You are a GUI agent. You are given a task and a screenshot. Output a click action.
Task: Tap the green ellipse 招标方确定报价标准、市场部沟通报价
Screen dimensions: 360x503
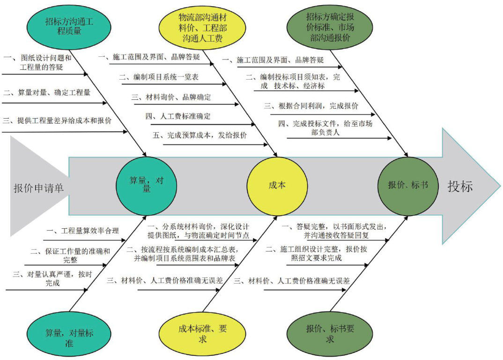point(330,27)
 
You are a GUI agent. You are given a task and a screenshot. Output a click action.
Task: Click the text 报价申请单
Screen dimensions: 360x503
point(38,188)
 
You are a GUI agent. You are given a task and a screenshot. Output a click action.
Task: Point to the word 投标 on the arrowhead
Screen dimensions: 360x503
point(460,186)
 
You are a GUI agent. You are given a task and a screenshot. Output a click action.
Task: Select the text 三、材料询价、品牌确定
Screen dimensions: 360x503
point(171,97)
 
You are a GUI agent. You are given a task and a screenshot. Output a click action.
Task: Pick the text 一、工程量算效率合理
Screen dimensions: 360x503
point(83,231)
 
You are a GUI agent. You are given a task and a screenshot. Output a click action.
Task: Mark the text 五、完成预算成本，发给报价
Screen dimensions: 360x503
point(200,135)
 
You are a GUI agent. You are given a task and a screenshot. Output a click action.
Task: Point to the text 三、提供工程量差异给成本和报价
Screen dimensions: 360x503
point(57,120)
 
